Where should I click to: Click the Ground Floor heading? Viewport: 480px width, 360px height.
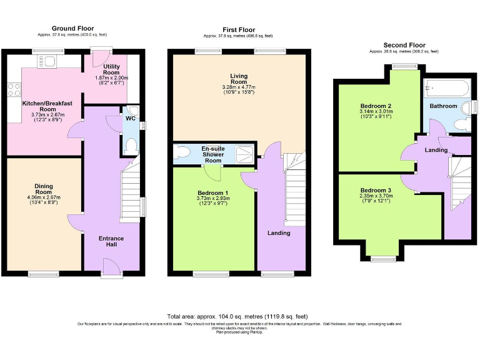[72, 28]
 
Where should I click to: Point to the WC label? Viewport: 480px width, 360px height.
[130, 118]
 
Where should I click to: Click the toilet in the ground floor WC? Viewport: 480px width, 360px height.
[131, 146]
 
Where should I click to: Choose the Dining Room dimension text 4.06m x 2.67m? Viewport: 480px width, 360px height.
[43, 199]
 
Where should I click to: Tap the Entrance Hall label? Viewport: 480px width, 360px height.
[111, 242]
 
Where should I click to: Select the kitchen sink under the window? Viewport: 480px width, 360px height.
[47, 61]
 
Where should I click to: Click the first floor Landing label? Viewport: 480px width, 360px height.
[279, 233]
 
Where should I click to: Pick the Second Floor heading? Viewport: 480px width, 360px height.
[404, 45]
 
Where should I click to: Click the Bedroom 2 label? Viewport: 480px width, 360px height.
[376, 106]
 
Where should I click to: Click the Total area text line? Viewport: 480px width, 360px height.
[237, 317]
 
